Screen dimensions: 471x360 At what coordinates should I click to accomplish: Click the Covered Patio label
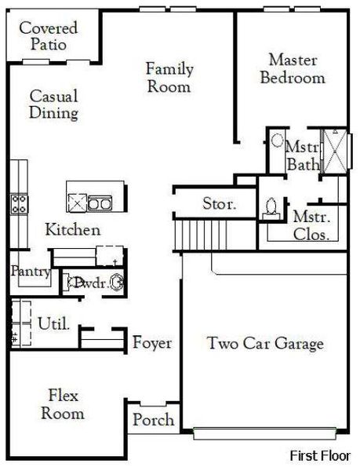pos(49,36)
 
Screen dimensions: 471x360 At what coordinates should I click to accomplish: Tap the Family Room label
pos(169,77)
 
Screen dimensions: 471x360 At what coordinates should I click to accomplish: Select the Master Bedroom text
pos(292,68)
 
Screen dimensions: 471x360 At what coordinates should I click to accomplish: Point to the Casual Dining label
pos(54,104)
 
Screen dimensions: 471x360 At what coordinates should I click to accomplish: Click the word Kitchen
pos(72,230)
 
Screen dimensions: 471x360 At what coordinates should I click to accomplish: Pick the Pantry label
pos(31,272)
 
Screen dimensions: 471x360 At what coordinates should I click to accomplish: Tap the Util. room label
pos(53,323)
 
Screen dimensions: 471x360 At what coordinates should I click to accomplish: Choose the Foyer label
pos(152,343)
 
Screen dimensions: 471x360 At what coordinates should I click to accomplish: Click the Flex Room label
pos(63,403)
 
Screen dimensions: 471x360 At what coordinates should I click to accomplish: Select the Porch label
pos(153,420)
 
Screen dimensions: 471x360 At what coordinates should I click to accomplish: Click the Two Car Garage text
pos(265,344)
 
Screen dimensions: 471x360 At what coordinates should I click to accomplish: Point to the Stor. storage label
pos(219,204)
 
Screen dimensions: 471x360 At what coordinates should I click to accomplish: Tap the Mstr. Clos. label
pos(311,225)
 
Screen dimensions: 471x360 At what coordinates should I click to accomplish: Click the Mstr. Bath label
pos(302,155)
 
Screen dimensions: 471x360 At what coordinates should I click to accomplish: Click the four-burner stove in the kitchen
pos(19,204)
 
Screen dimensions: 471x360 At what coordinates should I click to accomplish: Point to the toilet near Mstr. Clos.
pos(271,206)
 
